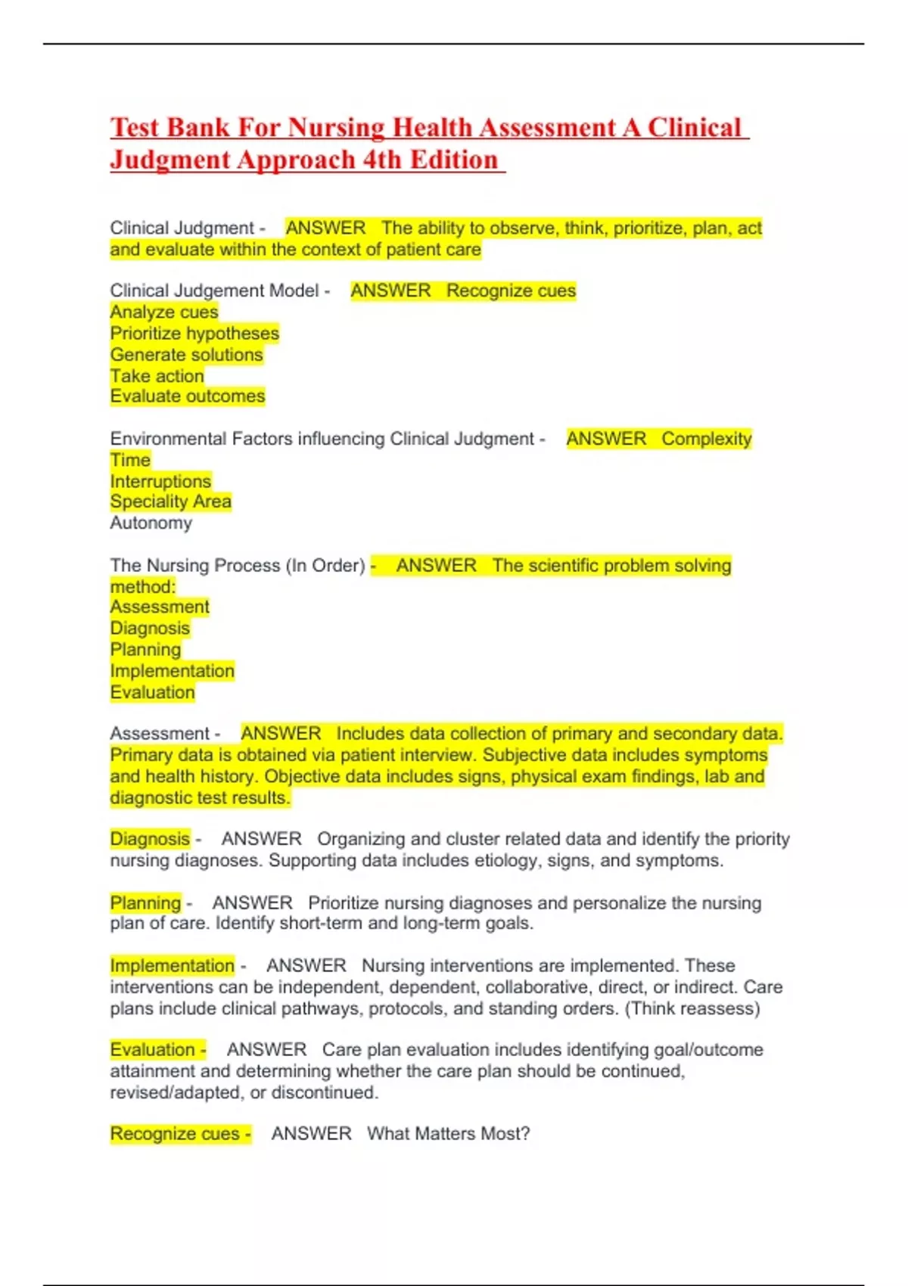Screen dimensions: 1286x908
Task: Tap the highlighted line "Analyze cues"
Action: [x=164, y=312]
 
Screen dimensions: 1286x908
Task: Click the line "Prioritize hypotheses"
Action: [x=194, y=333]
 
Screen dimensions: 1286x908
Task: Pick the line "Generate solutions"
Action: [x=186, y=354]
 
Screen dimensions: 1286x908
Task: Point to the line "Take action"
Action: [x=157, y=376]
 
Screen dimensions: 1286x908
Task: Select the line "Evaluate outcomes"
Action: [x=188, y=396]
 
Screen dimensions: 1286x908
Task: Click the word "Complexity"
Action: [x=706, y=439]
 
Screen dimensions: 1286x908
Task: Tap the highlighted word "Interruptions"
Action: [x=160, y=481]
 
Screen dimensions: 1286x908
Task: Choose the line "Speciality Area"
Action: [x=170, y=502]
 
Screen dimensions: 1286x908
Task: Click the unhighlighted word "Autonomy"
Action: [x=151, y=523]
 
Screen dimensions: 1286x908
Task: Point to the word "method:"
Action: [x=143, y=586]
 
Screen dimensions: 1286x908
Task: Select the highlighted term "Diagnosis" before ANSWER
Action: [x=150, y=839]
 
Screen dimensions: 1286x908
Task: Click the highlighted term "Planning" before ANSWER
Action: [x=145, y=902]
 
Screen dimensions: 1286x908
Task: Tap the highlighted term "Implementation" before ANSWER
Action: [x=172, y=966]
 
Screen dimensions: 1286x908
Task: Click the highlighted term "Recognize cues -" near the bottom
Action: [x=180, y=1134]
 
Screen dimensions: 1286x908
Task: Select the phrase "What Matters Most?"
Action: [x=448, y=1134]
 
